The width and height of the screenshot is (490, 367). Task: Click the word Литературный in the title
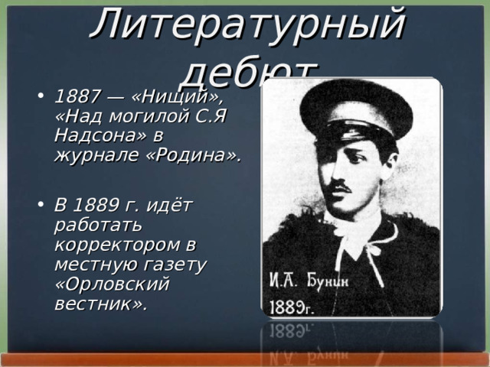point(247,24)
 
